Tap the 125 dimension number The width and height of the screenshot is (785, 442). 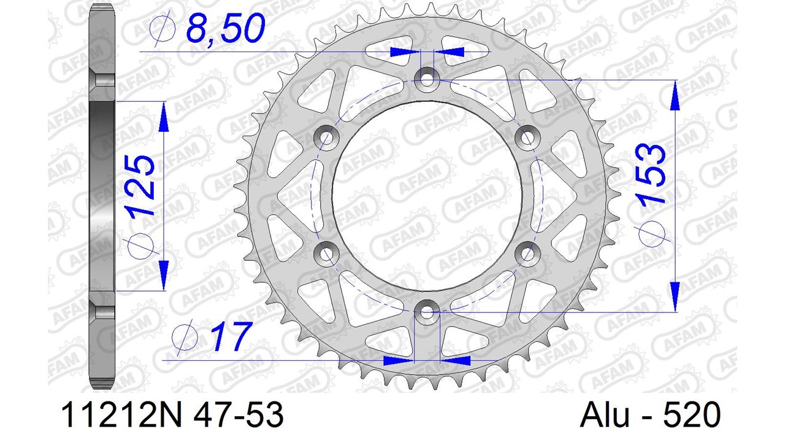click(x=141, y=185)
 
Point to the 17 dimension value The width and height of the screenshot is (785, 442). click(x=231, y=336)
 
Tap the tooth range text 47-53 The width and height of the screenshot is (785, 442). click(x=239, y=416)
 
